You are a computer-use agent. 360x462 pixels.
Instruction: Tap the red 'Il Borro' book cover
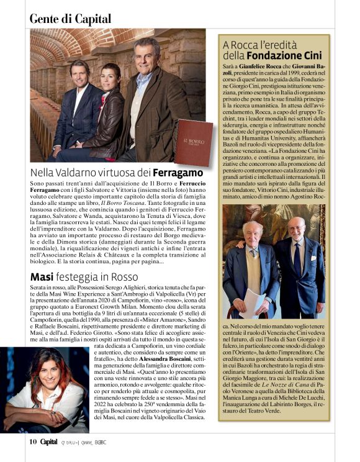[193, 142]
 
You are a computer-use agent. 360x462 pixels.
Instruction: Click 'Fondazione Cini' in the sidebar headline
[295, 57]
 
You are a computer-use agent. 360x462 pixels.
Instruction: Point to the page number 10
[34, 442]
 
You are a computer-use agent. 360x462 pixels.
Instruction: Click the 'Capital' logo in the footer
[50, 442]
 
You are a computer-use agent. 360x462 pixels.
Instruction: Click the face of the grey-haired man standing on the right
[147, 54]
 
